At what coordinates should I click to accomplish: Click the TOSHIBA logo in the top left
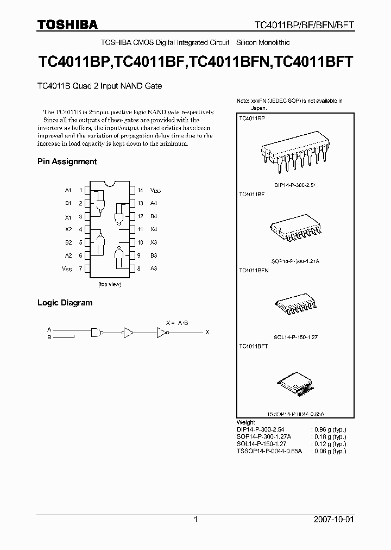coord(67,24)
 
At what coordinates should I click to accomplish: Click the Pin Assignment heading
coord(67,161)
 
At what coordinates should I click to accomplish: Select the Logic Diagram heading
coord(65,303)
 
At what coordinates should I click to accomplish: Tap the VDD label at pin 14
coord(156,190)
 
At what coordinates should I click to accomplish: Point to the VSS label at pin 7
coord(66,268)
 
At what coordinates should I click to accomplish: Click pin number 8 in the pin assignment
coord(138,268)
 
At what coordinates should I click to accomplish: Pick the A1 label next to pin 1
coord(68,190)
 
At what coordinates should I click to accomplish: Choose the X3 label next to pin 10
coord(154,242)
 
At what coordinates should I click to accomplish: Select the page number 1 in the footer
coord(195,520)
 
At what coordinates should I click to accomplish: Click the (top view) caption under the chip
coord(109,284)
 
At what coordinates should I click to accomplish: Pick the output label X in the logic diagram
coord(207,332)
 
